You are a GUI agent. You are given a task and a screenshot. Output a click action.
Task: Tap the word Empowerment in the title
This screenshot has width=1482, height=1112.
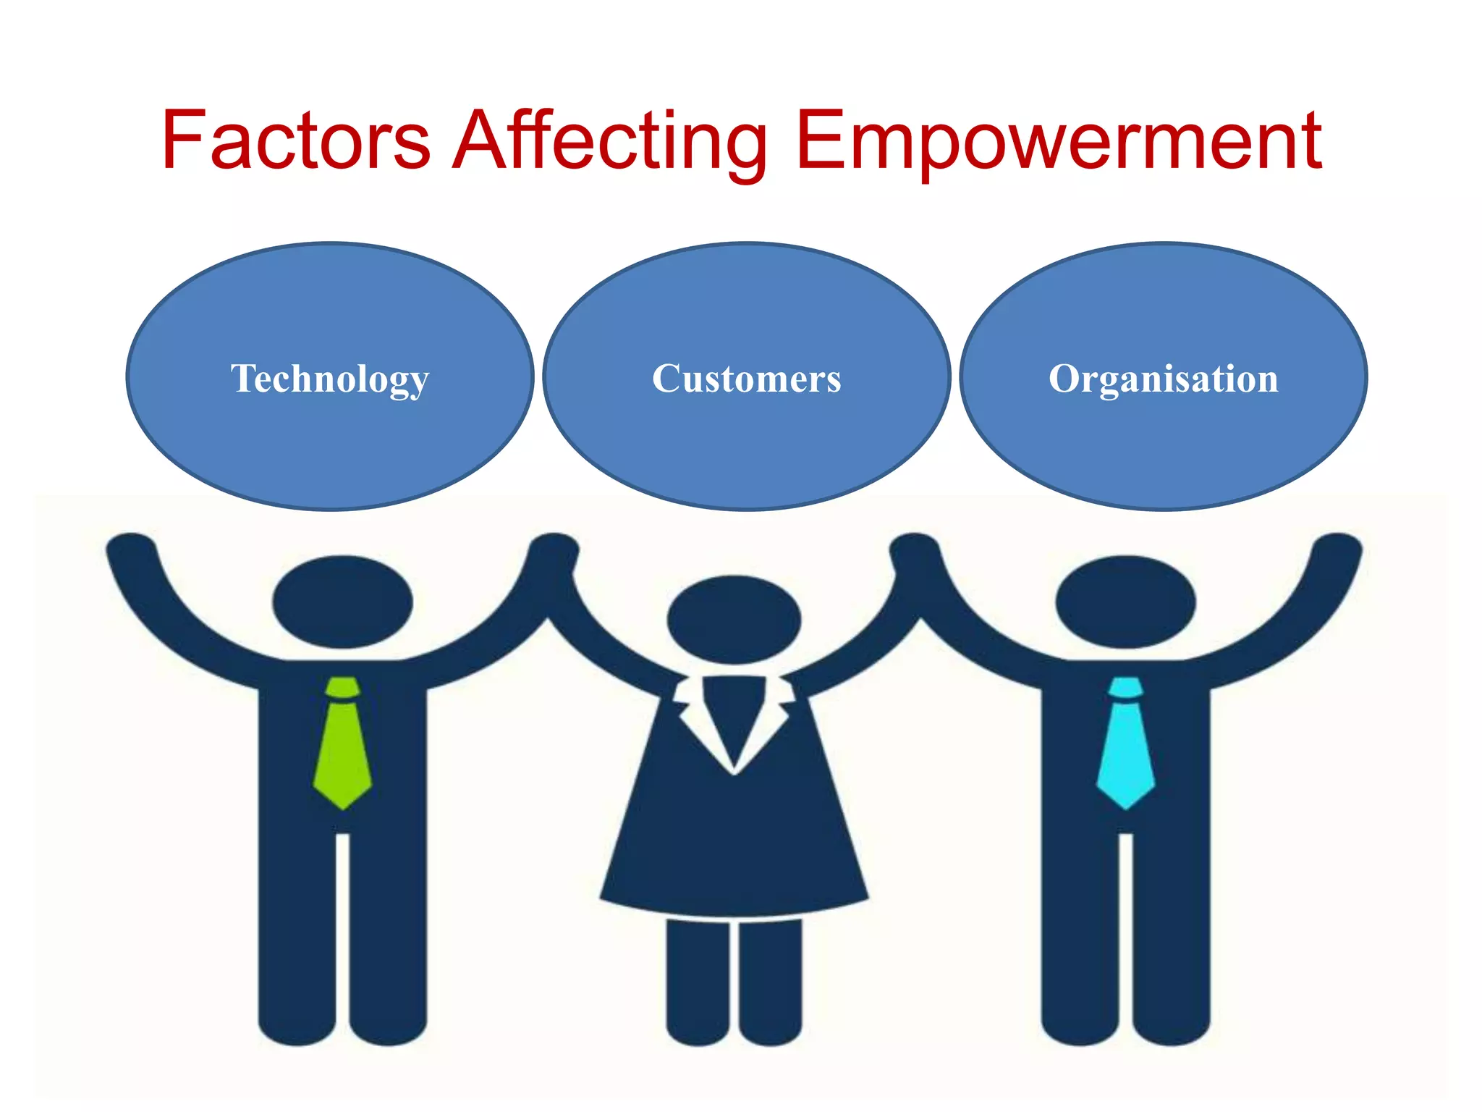[x=1058, y=140]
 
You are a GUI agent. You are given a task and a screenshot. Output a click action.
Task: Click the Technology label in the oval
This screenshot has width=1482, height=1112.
[x=330, y=379]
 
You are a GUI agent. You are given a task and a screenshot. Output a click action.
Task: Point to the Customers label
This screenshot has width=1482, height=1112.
[x=746, y=379]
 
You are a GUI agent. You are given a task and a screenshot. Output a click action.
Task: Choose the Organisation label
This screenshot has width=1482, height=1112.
[x=1163, y=379]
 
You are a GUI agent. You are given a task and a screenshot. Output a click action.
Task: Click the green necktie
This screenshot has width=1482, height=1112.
[x=343, y=753]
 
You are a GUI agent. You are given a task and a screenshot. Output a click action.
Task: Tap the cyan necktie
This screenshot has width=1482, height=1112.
[x=1125, y=753]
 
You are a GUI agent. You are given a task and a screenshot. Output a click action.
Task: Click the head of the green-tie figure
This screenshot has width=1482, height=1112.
[x=342, y=602]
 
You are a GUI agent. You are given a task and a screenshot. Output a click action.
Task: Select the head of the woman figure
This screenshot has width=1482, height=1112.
[x=734, y=619]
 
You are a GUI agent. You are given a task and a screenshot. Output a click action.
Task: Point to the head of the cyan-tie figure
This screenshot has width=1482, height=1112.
[x=1125, y=602]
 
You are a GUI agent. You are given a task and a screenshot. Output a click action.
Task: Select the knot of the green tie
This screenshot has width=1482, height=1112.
[x=342, y=688]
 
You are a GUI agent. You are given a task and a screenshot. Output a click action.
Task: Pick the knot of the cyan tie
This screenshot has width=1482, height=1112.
[x=1125, y=688]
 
